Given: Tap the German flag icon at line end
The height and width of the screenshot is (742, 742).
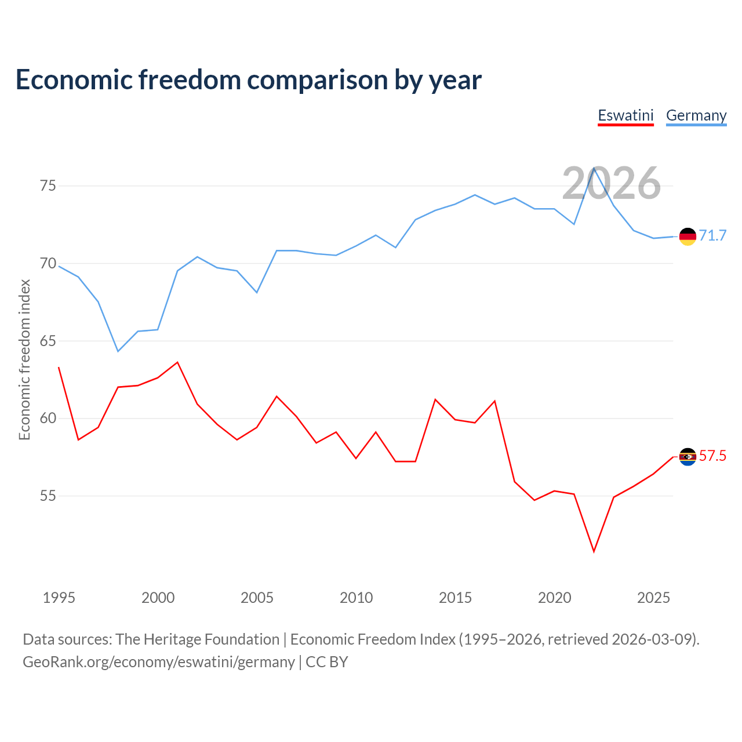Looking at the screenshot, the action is [x=688, y=237].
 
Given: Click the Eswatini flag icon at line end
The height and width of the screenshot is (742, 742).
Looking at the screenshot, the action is [x=688, y=457].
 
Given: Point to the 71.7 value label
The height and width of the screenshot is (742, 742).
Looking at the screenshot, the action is [x=712, y=235].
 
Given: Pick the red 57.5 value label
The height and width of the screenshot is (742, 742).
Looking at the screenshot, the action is [x=712, y=456].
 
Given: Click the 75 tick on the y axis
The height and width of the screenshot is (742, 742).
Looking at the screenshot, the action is [x=48, y=185].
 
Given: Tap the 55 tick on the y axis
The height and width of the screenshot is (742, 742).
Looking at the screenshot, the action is [x=48, y=496].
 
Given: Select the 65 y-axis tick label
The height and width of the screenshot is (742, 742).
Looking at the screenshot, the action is [x=48, y=341].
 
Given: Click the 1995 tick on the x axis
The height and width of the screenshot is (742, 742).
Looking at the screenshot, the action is [x=59, y=598].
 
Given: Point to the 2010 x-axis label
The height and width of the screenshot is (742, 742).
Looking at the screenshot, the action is [x=356, y=598].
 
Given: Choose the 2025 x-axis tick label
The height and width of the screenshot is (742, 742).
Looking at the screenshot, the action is [x=653, y=598].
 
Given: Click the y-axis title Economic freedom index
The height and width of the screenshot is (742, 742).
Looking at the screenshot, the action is [x=25, y=359].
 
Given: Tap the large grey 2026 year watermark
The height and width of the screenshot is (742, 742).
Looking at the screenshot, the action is [x=612, y=183].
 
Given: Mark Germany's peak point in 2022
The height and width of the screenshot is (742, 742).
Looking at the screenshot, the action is [x=594, y=168].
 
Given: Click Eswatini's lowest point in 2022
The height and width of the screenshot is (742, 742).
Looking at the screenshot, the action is [x=594, y=551].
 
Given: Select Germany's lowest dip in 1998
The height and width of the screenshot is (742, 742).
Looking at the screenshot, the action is [x=118, y=351].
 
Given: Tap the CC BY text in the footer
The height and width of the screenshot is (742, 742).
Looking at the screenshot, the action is [x=326, y=662].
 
